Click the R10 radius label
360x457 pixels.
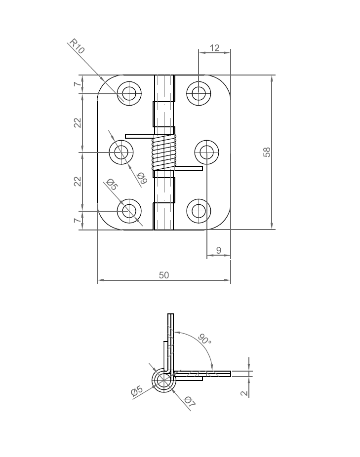pos(77,46)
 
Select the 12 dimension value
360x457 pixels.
pos(214,48)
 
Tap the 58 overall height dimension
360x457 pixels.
pos(267,152)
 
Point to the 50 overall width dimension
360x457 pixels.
pos(163,275)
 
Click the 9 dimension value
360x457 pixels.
pos(219,251)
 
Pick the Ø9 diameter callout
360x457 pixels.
pos(141,178)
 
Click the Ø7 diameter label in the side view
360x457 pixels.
pos(190,403)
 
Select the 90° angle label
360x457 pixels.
pos(204,340)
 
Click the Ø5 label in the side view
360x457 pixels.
pos(137,392)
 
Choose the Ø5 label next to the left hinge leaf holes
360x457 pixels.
pos(111,186)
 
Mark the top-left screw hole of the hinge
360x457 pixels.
pos(129,93)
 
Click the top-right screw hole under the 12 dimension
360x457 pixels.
pos(199,92)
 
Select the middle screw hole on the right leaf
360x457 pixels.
pos(206,152)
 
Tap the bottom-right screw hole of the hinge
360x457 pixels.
pos(199,211)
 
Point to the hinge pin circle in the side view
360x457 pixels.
pos(162,381)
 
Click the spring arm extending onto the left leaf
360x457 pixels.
pos(139,136)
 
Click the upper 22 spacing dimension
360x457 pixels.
pos(78,123)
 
